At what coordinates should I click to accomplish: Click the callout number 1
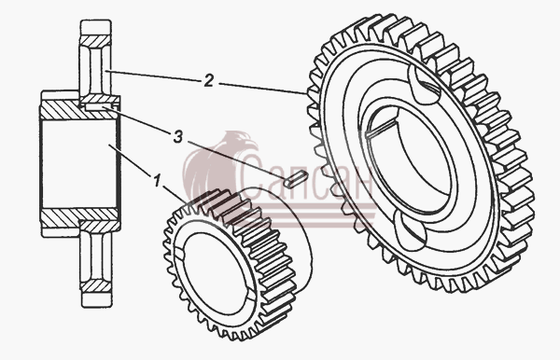click(157, 181)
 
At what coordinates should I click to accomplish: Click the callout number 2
click(208, 80)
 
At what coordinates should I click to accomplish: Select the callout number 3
click(178, 137)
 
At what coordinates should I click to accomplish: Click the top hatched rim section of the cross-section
click(95, 41)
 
